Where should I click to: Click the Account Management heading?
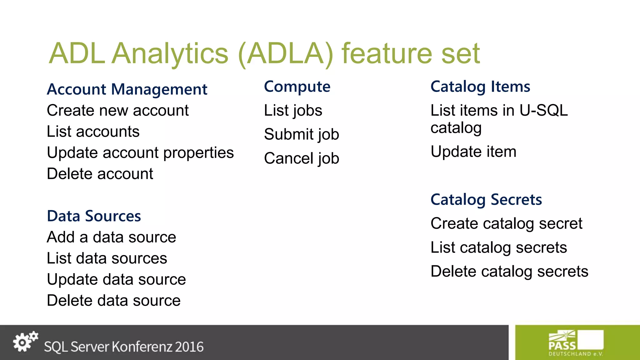tap(127, 89)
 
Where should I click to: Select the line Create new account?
tap(117, 111)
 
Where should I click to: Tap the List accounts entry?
tap(93, 132)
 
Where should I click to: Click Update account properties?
tap(140, 153)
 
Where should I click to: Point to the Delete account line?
tap(100, 174)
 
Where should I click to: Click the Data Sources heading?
tap(94, 216)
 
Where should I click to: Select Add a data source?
tap(111, 237)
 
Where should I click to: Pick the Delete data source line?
tap(113, 301)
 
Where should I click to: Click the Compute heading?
tap(297, 87)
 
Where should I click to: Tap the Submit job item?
tap(301, 134)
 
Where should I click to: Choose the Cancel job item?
tap(301, 158)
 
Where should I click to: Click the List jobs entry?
tap(293, 111)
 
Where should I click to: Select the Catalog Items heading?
tap(480, 87)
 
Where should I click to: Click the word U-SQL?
tap(543, 111)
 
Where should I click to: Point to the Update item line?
tap(473, 152)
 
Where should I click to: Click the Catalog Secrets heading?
tap(486, 200)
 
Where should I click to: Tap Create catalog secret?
tap(506, 224)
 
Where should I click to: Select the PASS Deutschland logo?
tap(576, 343)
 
